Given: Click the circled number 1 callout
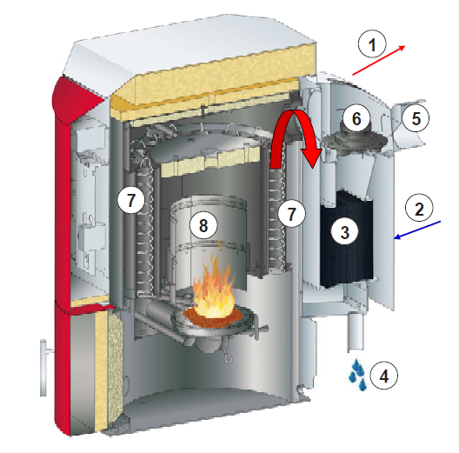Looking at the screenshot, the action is [372, 44].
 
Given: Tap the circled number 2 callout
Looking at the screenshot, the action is [419, 209].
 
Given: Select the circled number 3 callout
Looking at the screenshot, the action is [345, 231].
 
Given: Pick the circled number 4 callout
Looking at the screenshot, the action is [383, 376].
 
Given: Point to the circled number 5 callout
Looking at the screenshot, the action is [416, 118].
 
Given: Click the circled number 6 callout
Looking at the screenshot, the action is [356, 118].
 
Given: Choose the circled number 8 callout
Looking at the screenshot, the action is [203, 225].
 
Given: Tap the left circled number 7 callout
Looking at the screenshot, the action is [131, 200].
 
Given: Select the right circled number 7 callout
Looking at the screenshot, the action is [291, 213].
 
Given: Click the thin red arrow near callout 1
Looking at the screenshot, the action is [379, 60].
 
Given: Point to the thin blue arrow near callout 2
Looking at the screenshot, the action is [417, 230].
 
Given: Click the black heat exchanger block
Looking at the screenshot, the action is [347, 238].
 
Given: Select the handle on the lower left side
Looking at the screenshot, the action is [44, 368].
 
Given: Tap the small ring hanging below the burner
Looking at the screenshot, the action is [228, 358].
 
